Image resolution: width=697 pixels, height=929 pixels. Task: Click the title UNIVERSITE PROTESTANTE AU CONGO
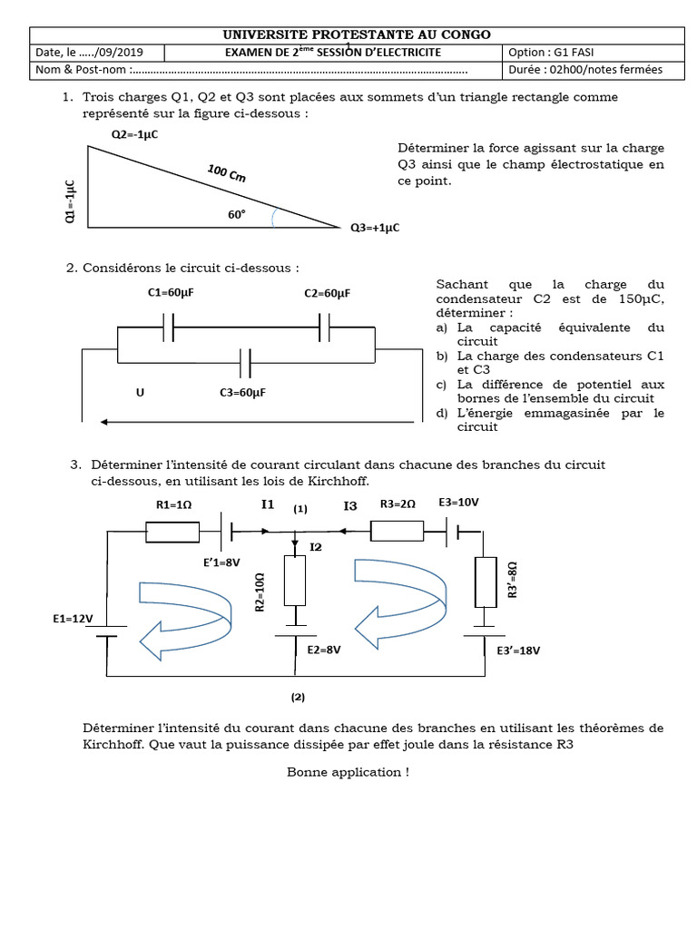(x=357, y=34)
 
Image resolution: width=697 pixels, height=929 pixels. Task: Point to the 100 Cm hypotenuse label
(x=226, y=173)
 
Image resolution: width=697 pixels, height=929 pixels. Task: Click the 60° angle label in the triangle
(x=237, y=215)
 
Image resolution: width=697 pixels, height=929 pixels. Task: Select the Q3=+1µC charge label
(x=375, y=228)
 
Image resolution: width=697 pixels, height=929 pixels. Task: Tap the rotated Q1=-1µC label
(x=71, y=202)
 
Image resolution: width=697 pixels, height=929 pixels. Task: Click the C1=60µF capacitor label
(x=171, y=294)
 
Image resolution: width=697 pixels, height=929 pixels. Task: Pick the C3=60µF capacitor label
(x=242, y=393)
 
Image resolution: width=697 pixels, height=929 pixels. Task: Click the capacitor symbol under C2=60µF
(x=324, y=328)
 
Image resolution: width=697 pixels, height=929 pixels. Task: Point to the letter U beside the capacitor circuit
(x=140, y=393)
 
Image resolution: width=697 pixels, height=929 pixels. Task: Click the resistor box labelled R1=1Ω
(x=172, y=532)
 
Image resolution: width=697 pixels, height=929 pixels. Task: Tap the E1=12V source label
(x=73, y=619)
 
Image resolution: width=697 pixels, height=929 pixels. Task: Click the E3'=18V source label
(x=518, y=650)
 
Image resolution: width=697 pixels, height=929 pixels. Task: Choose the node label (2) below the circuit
(x=298, y=698)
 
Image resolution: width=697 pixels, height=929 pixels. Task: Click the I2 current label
(x=316, y=547)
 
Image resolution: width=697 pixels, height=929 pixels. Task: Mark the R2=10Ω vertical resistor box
(x=295, y=581)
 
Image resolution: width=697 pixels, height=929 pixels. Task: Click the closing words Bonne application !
(x=348, y=772)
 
